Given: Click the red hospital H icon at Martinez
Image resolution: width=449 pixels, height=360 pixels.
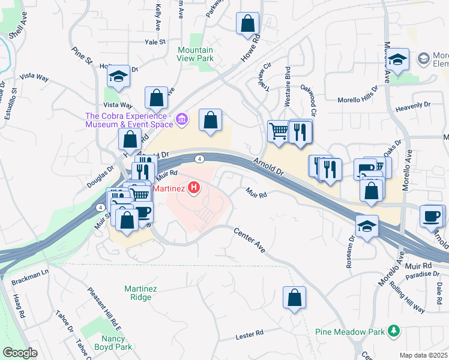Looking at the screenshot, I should (x=194, y=188).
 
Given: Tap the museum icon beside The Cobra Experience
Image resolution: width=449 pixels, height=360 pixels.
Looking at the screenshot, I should (x=182, y=122).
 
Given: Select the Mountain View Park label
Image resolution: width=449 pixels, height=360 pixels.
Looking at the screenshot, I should (x=196, y=55).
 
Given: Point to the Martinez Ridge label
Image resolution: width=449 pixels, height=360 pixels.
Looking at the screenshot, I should (x=140, y=293).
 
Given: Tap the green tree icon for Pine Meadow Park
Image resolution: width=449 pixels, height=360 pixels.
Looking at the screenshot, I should (x=394, y=331).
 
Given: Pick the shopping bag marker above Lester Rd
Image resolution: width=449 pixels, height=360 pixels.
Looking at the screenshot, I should (x=294, y=298).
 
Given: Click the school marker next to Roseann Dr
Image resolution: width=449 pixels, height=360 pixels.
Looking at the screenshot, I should (x=366, y=226).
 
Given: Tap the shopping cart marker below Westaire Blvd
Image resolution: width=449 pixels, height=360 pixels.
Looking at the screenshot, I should (x=279, y=131).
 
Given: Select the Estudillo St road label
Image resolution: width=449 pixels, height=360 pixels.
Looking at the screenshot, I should (x=10, y=105).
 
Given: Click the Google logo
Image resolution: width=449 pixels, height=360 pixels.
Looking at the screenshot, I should (x=20, y=353).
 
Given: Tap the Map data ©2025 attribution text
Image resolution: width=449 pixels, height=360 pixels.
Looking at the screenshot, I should (x=423, y=355).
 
